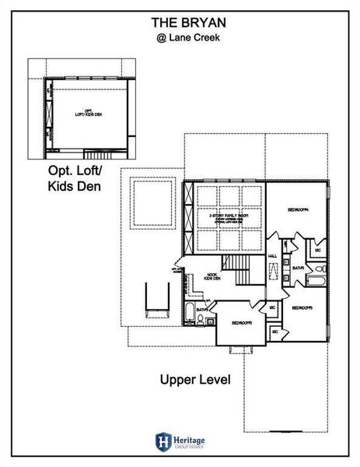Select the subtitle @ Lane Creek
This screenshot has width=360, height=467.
[180, 35]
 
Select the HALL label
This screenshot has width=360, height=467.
[273, 255]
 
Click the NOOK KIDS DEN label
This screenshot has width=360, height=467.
[211, 276]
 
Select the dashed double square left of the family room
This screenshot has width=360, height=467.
[152, 205]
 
